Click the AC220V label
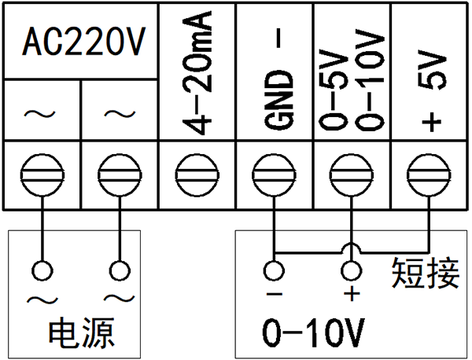click(x=80, y=43)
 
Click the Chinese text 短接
click(x=426, y=273)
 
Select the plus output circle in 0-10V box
click(x=352, y=272)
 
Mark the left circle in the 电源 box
click(x=41, y=272)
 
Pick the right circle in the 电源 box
click(x=119, y=272)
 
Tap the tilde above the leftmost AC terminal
click(x=40, y=116)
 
